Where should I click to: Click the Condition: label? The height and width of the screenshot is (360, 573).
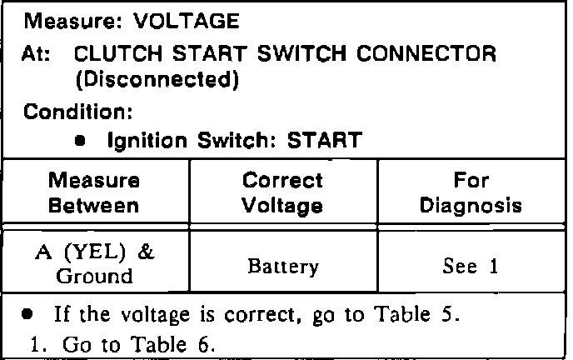[x=73, y=111]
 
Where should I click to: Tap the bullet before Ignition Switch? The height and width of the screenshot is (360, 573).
[x=80, y=140]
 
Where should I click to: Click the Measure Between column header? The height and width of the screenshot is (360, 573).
[x=94, y=192]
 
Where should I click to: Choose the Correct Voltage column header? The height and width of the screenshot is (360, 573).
[x=283, y=192]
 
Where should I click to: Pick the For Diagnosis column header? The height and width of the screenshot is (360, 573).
[x=471, y=192]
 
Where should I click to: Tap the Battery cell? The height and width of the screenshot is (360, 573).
[x=282, y=267]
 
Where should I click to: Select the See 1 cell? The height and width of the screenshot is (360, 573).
[x=471, y=267]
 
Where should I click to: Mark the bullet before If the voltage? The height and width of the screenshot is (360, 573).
[x=28, y=315]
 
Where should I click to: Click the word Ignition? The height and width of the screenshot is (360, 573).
[x=142, y=139]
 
